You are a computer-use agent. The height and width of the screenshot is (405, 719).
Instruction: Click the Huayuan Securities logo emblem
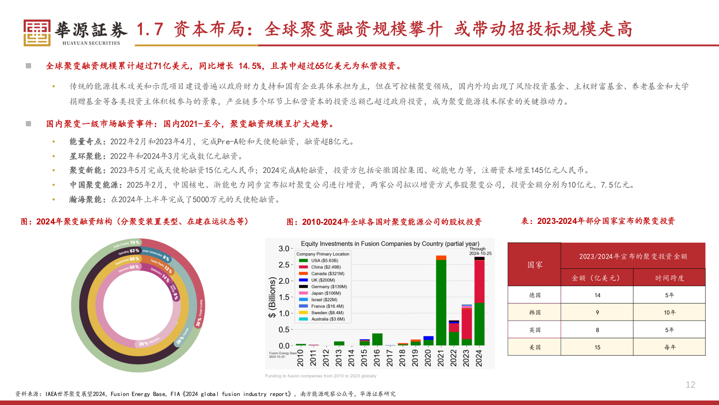pyautogui.click(x=37, y=33)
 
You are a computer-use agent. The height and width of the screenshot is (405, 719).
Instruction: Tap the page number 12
pyautogui.click(x=690, y=385)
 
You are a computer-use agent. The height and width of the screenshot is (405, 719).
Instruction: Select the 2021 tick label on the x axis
pyautogui.click(x=441, y=358)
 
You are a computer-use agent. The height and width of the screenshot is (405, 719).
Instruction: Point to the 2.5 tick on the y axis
pyautogui.click(x=284, y=265)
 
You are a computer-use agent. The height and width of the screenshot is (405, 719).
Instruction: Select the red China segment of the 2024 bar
pyautogui.click(x=479, y=281)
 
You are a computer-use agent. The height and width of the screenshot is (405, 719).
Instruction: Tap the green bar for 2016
pyautogui.click(x=377, y=339)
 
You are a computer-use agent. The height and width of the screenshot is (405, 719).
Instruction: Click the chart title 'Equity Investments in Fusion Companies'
pyautogui.click(x=390, y=244)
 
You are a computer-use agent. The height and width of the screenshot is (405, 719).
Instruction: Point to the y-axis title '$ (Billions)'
pyautogui.click(x=272, y=297)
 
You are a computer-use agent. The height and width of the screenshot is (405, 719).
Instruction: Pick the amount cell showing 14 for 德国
pyautogui.click(x=597, y=295)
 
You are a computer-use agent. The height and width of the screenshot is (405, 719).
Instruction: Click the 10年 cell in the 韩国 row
pyautogui.click(x=669, y=312)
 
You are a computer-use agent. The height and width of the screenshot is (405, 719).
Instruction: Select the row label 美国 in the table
pyautogui.click(x=534, y=347)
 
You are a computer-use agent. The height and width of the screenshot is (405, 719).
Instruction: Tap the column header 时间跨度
pyautogui.click(x=669, y=278)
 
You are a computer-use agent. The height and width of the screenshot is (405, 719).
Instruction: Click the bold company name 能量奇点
pyautogui.click(x=85, y=141)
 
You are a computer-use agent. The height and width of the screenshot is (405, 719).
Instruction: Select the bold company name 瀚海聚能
pyautogui.click(x=85, y=199)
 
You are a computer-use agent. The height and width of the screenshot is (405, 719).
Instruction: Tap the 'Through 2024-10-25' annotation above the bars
pyautogui.click(x=480, y=251)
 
